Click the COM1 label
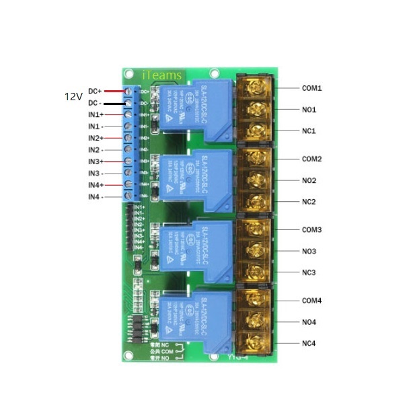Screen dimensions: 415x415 click(311, 88)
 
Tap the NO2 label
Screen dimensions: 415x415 click(309, 181)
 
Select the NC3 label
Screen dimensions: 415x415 click(309, 272)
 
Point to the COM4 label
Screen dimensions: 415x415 click(311, 300)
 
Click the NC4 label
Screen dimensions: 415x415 click(309, 344)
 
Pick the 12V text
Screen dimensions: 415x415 click(73, 97)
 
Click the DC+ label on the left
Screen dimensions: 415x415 click(95, 91)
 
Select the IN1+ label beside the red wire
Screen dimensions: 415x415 click(96, 115)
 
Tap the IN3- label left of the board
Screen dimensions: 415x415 click(95, 173)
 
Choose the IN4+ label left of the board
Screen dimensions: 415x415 click(96, 185)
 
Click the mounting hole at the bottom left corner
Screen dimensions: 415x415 click(128, 356)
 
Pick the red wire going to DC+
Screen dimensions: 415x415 click(114, 91)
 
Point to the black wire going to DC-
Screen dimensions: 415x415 click(114, 104)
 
